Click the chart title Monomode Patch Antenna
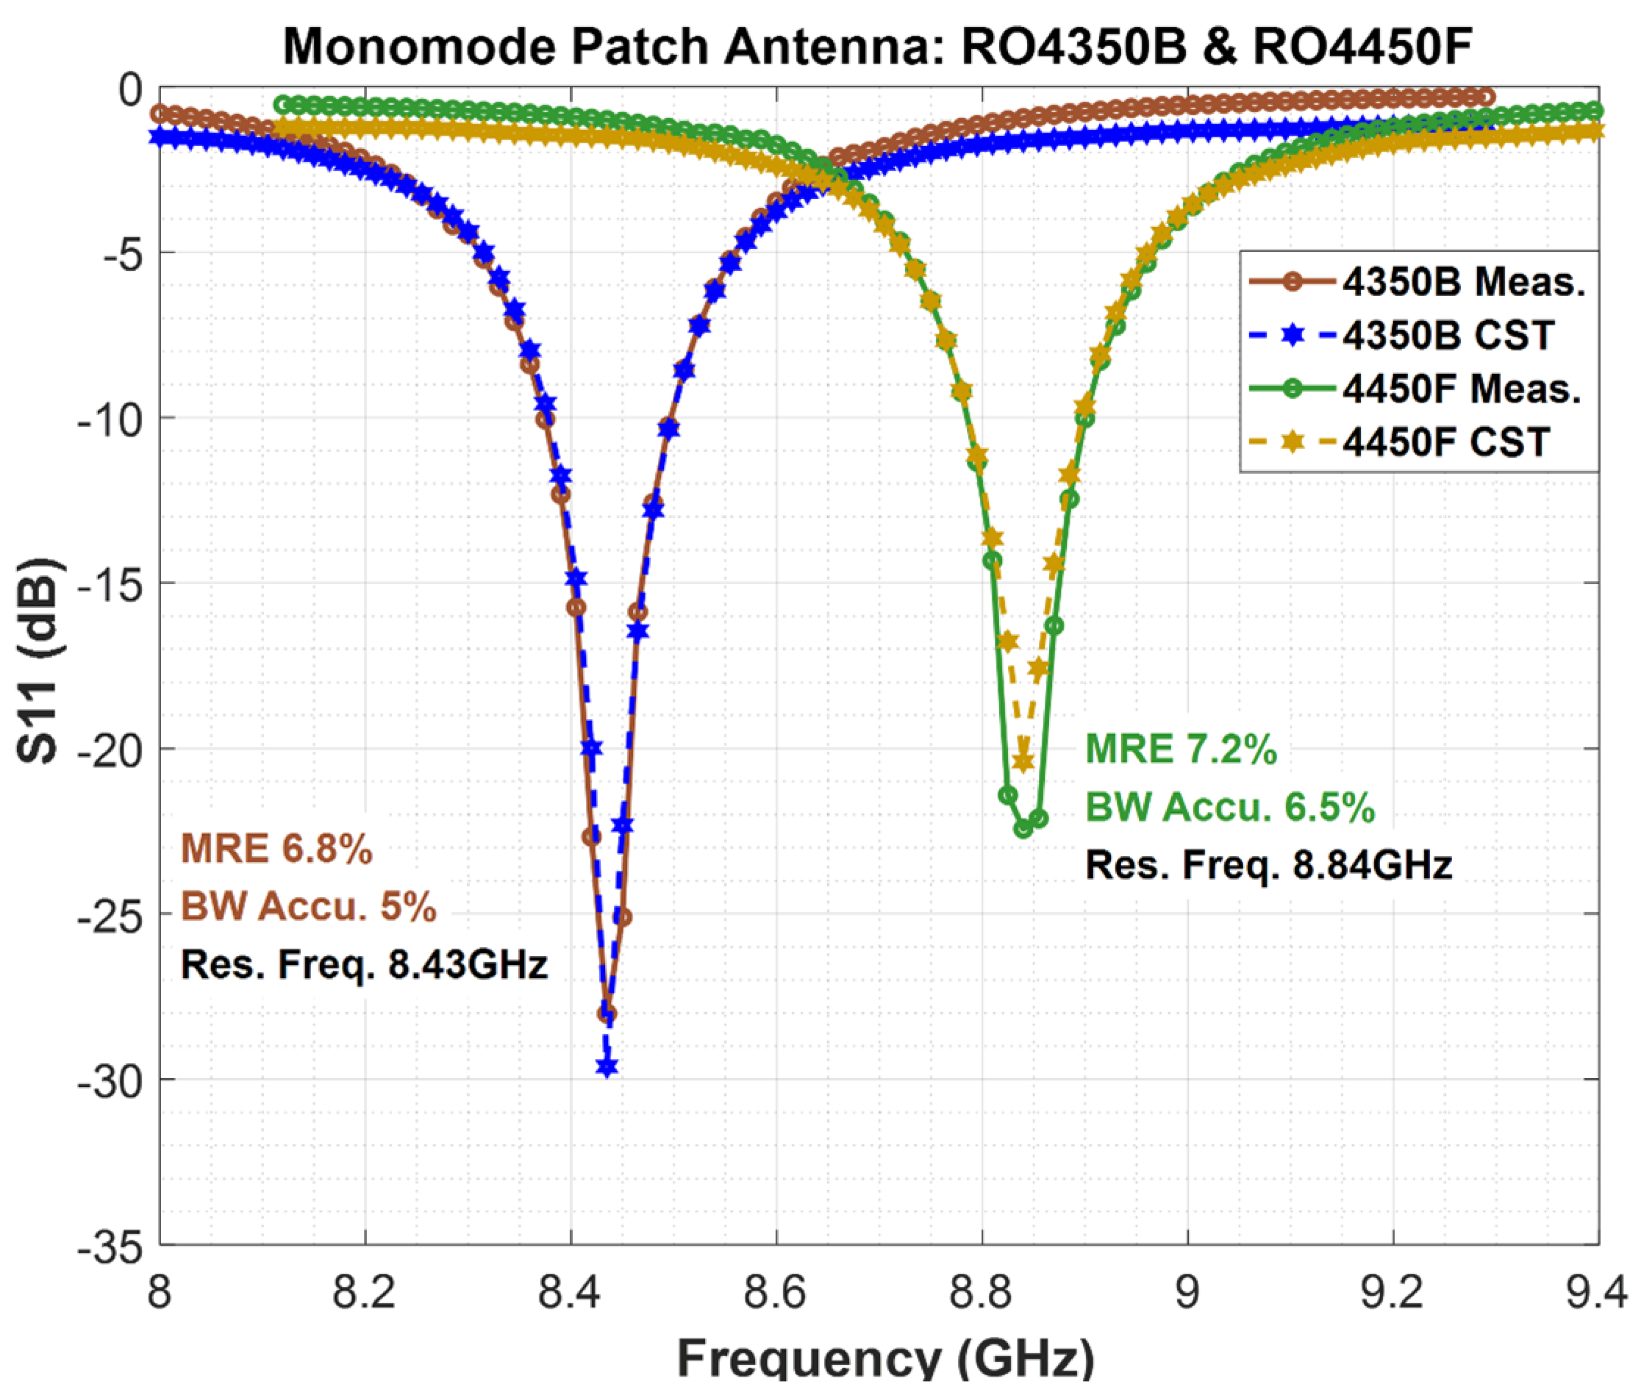click(x=877, y=46)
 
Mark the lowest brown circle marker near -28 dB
click(x=607, y=1014)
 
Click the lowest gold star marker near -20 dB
click(x=1023, y=762)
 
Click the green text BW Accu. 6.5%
click(x=1229, y=807)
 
